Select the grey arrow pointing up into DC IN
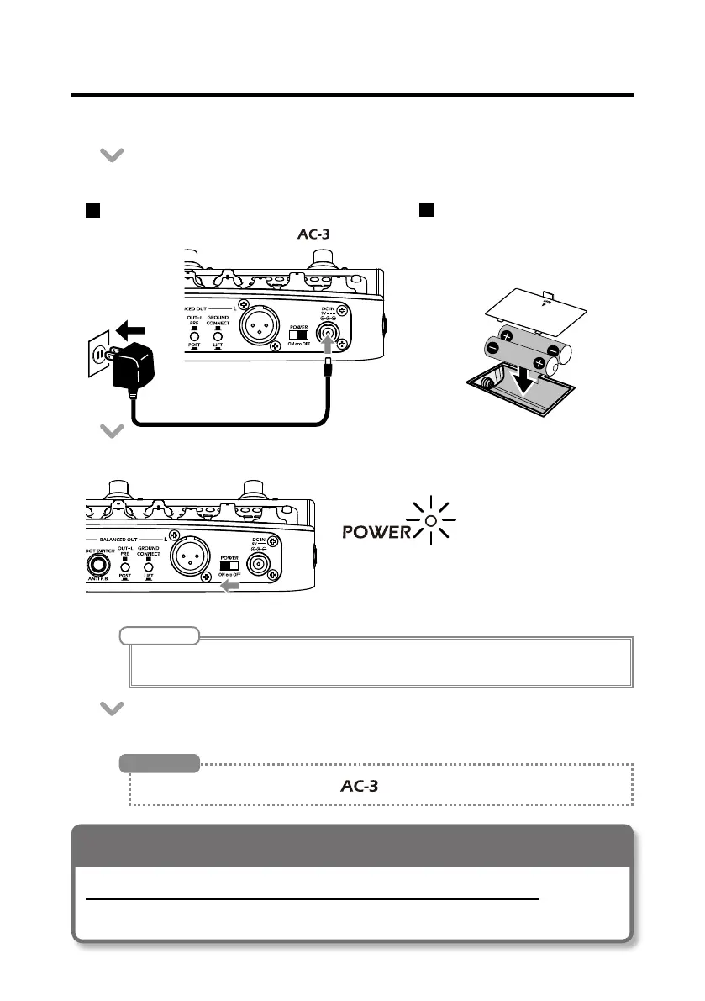coord(327,346)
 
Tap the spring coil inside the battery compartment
coord(488,383)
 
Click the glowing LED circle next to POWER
coord(429,520)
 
